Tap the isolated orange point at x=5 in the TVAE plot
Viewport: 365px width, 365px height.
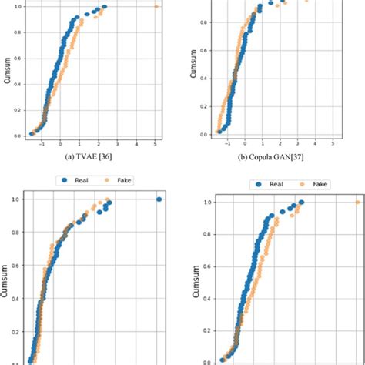(156, 7)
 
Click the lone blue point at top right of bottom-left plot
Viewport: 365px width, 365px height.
(159, 199)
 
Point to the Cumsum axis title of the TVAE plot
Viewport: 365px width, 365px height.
(7, 71)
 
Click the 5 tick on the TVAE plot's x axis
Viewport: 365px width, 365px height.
(156, 143)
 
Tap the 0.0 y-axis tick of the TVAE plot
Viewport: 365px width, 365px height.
(18, 136)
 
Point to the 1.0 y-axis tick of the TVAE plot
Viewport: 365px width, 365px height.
(18, 7)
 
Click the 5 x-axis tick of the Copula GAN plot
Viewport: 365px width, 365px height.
(332, 142)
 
